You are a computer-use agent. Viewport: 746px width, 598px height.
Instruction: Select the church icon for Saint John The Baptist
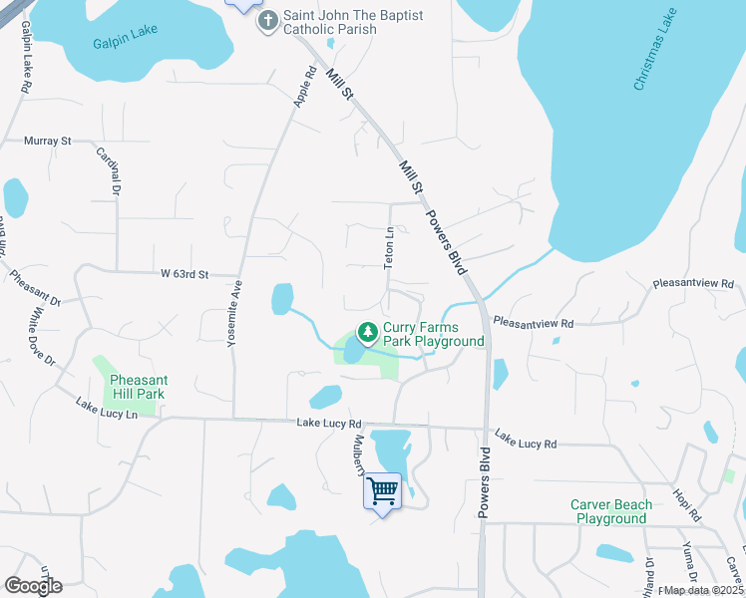(x=267, y=21)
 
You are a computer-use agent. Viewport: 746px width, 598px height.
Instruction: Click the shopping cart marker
(x=383, y=490)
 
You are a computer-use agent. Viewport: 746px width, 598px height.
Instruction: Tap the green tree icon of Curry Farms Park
(x=368, y=330)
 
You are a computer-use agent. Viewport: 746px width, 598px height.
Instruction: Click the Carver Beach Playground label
(x=610, y=511)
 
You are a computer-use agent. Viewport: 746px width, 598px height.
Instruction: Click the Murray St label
(x=48, y=142)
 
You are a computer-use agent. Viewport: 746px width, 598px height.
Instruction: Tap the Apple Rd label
(x=305, y=87)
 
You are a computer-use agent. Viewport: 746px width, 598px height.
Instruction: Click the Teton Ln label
(x=390, y=246)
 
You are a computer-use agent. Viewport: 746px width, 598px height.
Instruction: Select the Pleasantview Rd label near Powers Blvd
(x=534, y=324)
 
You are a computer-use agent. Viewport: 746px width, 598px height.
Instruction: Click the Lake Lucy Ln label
(x=106, y=409)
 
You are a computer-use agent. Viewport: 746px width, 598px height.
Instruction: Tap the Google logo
(x=33, y=586)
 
